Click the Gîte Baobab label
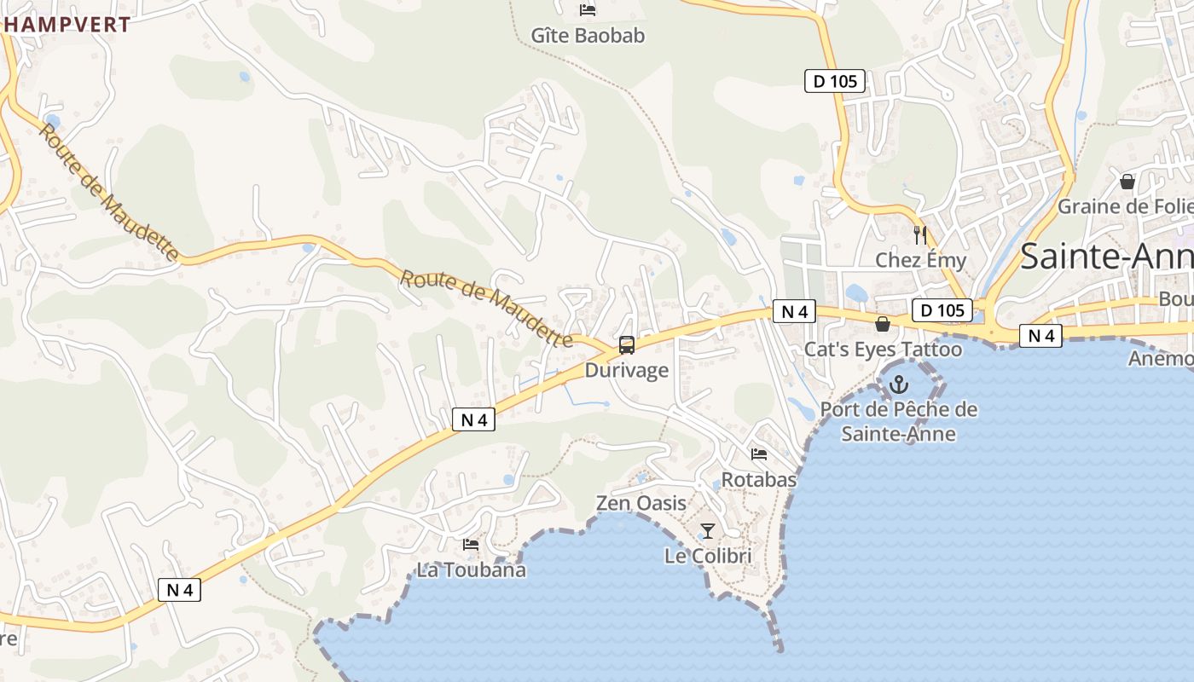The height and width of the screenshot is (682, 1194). tap(588, 36)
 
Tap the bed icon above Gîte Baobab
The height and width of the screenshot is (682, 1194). tap(588, 10)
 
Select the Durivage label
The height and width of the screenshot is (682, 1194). tap(627, 371)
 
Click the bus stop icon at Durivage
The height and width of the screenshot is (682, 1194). tap(627, 345)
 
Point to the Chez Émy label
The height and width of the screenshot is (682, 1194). tap(921, 260)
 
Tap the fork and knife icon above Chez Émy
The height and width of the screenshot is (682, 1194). tap(920, 234)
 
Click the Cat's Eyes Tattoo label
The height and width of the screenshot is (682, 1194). tap(883, 350)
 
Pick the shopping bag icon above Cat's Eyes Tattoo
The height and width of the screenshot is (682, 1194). tap(883, 325)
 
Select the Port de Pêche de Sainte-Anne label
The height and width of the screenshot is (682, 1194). tap(899, 421)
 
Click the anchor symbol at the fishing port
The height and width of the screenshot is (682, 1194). tap(899, 385)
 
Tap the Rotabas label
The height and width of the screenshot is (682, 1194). tap(759, 480)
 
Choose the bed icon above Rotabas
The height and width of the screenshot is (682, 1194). tap(759, 454)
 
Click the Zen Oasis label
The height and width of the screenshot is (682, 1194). tap(641, 503)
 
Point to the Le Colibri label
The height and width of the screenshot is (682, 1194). tap(708, 556)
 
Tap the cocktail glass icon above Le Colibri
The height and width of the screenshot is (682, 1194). tap(708, 531)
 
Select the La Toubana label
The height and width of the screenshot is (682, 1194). tap(471, 569)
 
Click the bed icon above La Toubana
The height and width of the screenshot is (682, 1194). tap(471, 544)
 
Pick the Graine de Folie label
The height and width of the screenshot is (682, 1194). tap(1124, 206)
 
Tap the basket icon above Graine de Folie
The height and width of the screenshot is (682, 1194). tap(1127, 182)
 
